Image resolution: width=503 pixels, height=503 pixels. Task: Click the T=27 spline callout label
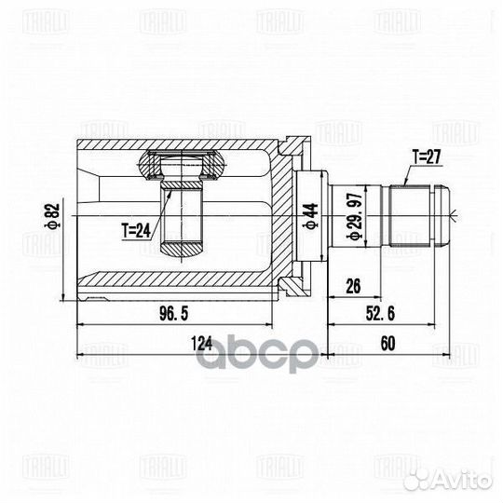point(427,157)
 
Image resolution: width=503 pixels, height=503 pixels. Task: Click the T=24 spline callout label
point(136,231)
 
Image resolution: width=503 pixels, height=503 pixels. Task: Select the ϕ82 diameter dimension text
point(52,216)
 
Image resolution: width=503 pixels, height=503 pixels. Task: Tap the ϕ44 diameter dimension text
point(310,216)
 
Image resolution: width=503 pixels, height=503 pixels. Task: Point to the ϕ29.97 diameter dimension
point(355,216)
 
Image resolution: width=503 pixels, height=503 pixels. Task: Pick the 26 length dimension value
point(353,286)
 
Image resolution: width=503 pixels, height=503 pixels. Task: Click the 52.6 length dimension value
point(380,313)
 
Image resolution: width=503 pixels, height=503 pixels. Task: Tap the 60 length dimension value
point(387,343)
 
